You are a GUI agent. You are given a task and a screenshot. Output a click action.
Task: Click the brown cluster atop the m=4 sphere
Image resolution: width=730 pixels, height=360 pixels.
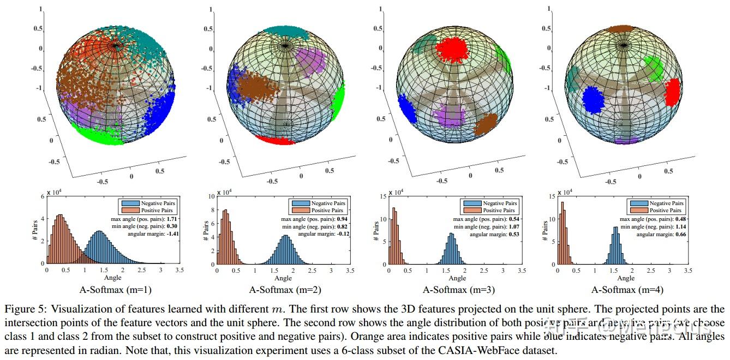(620, 29)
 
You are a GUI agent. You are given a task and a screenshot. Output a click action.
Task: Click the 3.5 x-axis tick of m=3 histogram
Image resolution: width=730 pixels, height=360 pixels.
(522, 270)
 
